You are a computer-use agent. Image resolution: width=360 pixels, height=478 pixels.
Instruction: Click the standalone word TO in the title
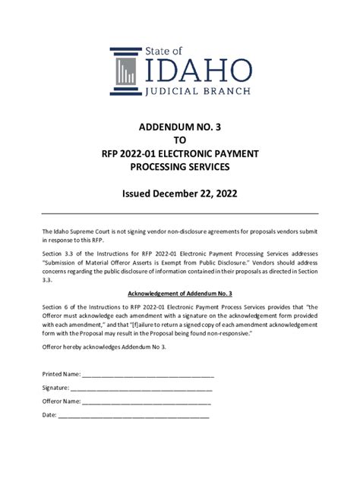point(180,140)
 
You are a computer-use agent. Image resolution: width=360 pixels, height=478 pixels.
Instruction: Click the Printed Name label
point(62,374)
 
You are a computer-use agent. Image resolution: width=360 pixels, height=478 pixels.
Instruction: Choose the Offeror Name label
point(62,401)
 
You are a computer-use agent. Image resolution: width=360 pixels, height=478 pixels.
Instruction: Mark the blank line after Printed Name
point(148,374)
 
